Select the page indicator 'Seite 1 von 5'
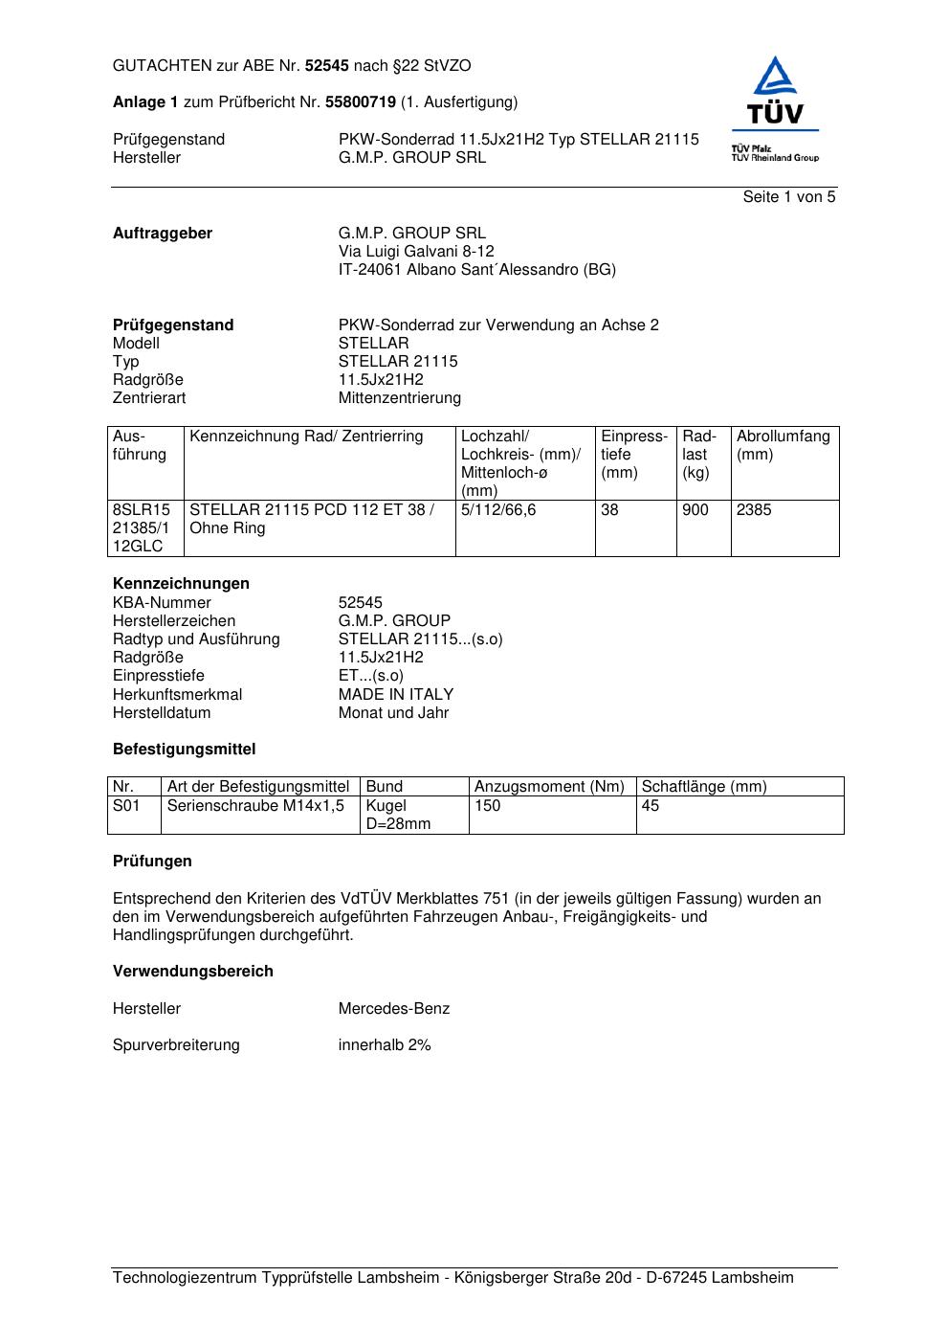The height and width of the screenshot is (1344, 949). click(x=788, y=197)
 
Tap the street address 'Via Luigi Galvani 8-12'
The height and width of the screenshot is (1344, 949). click(x=416, y=252)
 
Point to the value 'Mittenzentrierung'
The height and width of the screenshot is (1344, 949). click(x=399, y=398)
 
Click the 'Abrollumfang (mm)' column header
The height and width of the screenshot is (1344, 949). click(x=783, y=445)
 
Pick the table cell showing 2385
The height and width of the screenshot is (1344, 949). click(x=754, y=510)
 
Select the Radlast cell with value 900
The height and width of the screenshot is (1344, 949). click(x=695, y=510)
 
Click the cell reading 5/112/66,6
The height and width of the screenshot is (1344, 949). click(x=498, y=510)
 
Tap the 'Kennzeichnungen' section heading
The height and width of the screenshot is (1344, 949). click(x=181, y=584)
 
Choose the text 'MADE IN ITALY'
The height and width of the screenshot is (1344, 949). click(x=396, y=695)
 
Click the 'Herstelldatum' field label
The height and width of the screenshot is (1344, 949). click(x=162, y=713)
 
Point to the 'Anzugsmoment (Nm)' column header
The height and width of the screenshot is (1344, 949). click(x=549, y=787)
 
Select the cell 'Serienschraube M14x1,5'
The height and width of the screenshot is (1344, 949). click(x=255, y=806)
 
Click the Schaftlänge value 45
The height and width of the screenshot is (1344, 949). click(x=651, y=806)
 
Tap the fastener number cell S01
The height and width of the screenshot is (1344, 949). click(x=126, y=806)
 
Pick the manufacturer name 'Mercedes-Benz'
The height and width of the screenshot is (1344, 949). click(x=393, y=1009)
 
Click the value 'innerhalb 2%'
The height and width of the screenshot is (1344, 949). click(x=385, y=1045)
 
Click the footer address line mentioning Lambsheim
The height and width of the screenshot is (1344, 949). click(x=453, y=1278)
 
